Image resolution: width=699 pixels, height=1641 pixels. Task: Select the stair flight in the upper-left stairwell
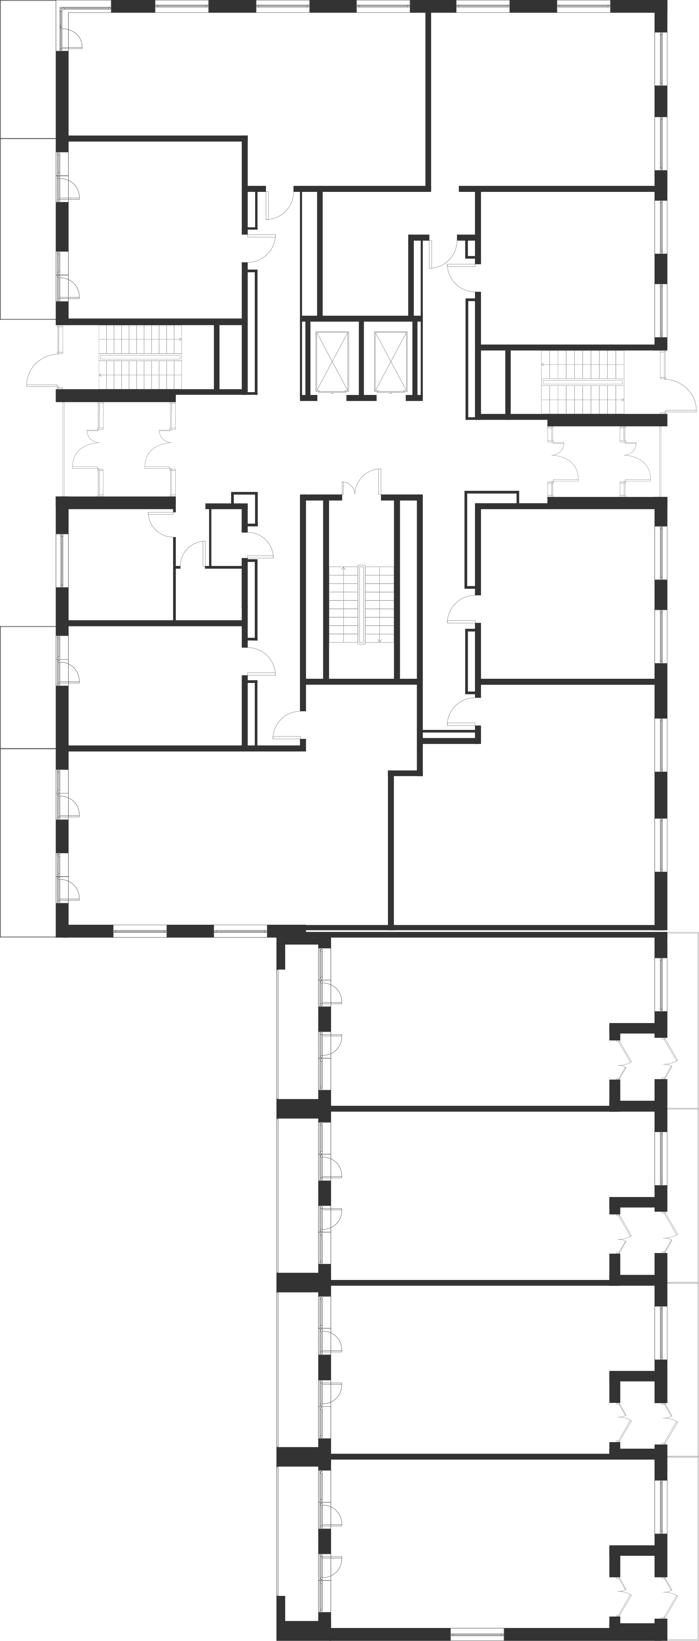point(140,357)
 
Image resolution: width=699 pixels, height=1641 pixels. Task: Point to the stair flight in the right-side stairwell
point(582,381)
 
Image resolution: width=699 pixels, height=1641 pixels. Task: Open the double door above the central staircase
point(362,482)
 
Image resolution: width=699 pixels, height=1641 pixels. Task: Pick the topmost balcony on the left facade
point(27,69)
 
